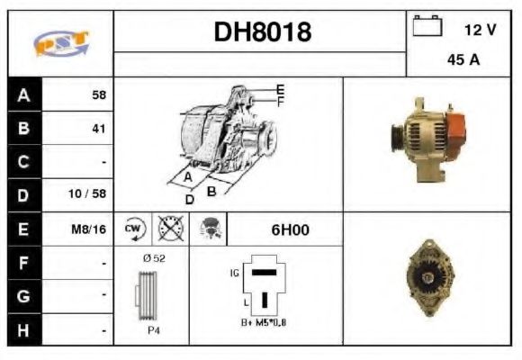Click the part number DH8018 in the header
pyautogui.click(x=262, y=32)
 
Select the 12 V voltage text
pyautogui.click(x=480, y=30)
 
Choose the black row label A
pyautogui.click(x=23, y=94)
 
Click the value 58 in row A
pyautogui.click(x=99, y=94)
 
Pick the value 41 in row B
pyautogui.click(x=99, y=129)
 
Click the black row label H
pyautogui.click(x=23, y=330)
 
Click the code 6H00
pyautogui.click(x=290, y=229)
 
